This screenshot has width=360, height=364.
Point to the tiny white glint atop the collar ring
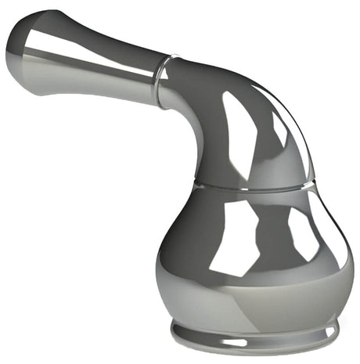click(174, 56)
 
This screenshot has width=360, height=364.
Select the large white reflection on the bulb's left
click(235, 235)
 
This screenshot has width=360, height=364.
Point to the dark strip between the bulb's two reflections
click(274, 235)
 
